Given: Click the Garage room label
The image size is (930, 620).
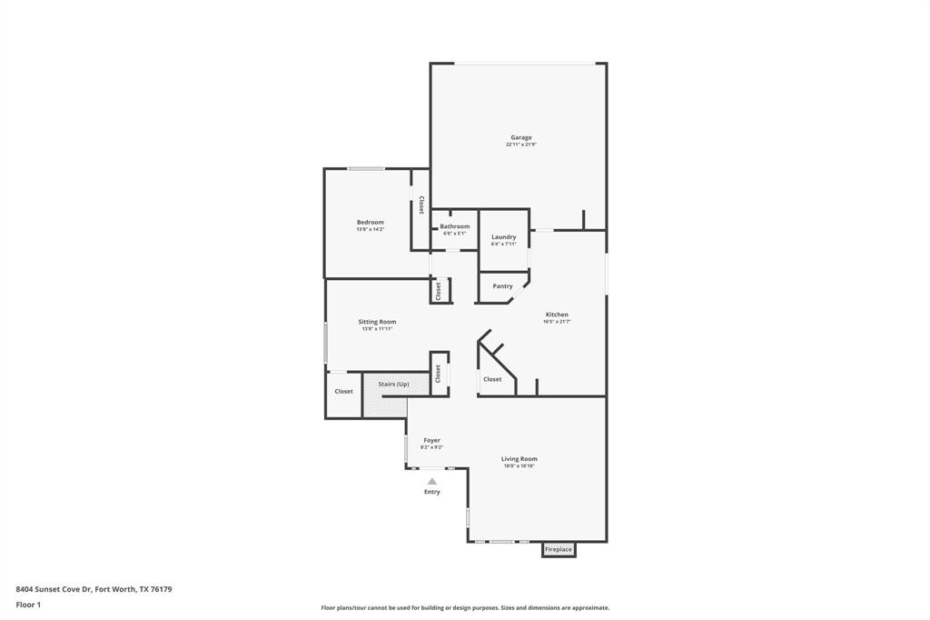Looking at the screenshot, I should pos(520,137).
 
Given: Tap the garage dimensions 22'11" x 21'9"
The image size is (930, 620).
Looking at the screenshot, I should pos(520,145).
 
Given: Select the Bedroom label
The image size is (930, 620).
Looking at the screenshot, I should pos(370,222).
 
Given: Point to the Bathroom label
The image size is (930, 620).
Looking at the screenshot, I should pos(454,226).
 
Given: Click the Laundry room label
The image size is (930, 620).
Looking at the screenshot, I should pos(503,236).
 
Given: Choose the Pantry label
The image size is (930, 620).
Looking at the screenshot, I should pos(502,285).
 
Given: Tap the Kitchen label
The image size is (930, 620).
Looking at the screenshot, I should pos(556,315).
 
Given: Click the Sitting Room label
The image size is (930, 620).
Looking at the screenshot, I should pos(377,322).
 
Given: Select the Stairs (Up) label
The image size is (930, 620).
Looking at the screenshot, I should pos(393,385).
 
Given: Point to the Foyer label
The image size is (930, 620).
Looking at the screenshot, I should pos(431,440).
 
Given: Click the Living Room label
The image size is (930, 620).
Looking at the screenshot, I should pos(519,459).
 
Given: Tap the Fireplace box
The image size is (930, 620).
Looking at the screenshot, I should pos(559,549).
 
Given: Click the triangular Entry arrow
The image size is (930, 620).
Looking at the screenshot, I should pos(432,482).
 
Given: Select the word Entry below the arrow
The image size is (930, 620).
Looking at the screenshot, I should pos(432,492).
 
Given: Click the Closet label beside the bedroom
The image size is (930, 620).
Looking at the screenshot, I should pos(420,205).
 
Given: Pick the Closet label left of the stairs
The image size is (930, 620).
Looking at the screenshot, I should pos(343,391).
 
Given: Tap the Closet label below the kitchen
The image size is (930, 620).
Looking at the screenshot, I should pos(492,379).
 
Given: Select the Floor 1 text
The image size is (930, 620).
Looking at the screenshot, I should pos(28,605).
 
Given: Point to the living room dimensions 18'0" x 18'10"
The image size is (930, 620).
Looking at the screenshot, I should pos(519,466).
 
